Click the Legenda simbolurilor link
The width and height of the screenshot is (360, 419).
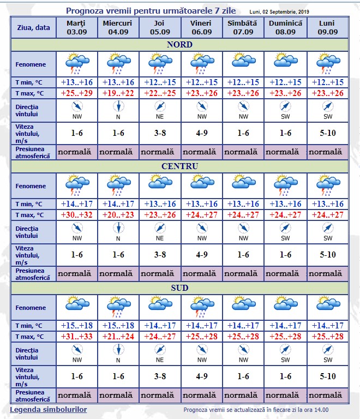click(x=48, y=409)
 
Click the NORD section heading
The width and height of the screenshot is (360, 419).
click(x=179, y=44)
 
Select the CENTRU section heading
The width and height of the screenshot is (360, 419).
click(x=179, y=166)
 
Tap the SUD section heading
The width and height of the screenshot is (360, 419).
click(x=179, y=288)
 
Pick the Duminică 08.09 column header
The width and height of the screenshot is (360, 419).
click(x=285, y=27)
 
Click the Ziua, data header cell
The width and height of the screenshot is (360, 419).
click(x=33, y=27)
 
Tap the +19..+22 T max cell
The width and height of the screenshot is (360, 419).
click(x=118, y=93)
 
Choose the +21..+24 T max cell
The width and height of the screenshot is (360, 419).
click(x=118, y=336)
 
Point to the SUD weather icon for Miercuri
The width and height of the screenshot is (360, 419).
click(x=118, y=307)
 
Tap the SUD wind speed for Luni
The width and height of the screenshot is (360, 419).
click(x=327, y=376)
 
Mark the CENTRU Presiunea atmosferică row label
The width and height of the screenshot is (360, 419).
click(x=33, y=274)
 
